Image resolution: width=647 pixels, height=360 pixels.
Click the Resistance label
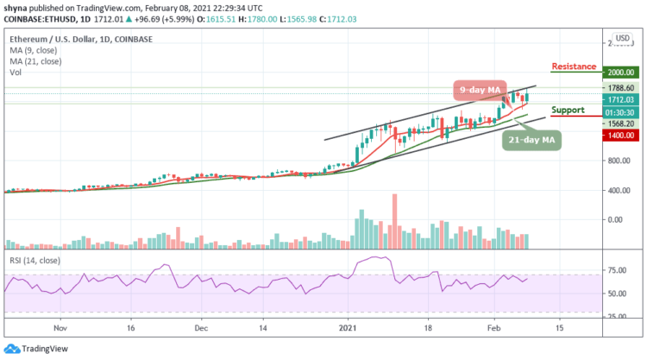pyautogui.click(x=574, y=66)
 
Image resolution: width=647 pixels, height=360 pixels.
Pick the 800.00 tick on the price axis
pyautogui.click(x=618, y=161)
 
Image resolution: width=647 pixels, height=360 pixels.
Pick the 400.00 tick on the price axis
pyautogui.click(x=618, y=190)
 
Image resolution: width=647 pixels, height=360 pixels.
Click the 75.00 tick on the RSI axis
pyautogui.click(x=616, y=270)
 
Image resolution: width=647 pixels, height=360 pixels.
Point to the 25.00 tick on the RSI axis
pyautogui.click(x=616, y=317)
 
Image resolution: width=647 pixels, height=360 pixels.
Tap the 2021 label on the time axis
pyautogui.click(x=348, y=329)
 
